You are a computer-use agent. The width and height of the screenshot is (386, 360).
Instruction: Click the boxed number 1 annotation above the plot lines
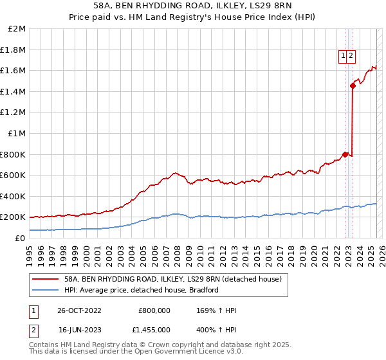coord(344,56)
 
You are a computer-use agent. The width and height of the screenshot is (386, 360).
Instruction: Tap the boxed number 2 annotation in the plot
coord(352,56)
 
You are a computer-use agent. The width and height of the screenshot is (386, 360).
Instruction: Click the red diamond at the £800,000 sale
coord(345,154)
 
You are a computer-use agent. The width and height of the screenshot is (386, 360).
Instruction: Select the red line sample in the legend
coord(46,280)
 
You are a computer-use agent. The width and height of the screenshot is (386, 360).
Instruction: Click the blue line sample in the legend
coord(46,290)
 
